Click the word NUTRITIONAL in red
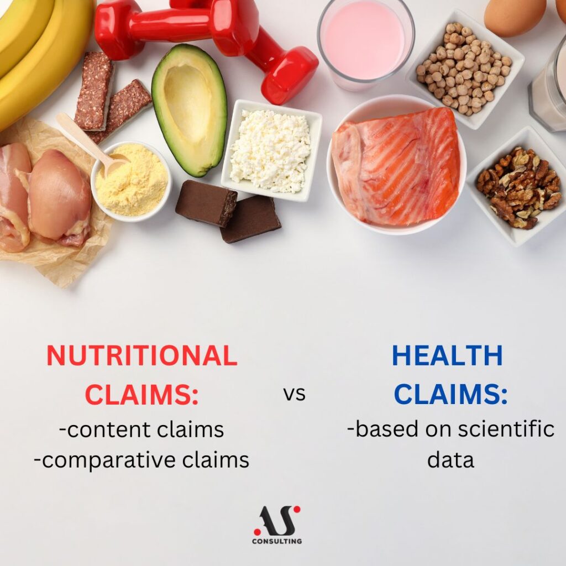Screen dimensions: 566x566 pos(142,355)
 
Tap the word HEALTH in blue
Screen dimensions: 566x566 pos(447,355)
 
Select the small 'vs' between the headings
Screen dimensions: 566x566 pos(295,394)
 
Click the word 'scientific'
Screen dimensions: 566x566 pos(506,429)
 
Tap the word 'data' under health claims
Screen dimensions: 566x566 pos(450,459)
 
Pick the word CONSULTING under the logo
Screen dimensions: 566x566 pos(277,541)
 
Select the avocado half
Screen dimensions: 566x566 pos(190,110)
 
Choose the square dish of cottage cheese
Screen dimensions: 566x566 pos(271,150)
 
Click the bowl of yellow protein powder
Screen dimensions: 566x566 pos(132,181)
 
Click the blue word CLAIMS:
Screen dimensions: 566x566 pos(450,394)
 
